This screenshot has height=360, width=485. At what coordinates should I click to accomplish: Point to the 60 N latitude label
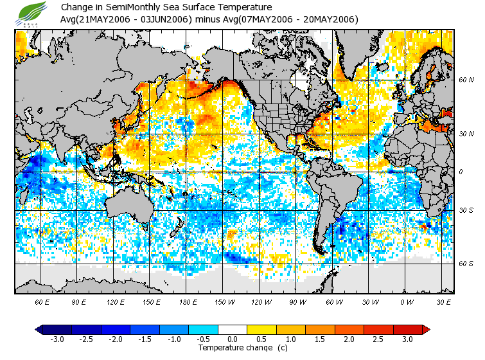[x=466, y=80]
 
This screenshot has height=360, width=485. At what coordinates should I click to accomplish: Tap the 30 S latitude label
[x=466, y=210]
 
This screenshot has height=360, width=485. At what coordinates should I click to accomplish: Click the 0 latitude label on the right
[x=462, y=172]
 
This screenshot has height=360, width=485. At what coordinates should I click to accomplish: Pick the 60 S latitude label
[x=466, y=263]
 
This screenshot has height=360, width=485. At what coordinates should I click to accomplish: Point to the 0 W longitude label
[x=406, y=301]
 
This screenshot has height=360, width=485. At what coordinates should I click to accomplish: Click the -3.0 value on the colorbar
[x=57, y=339]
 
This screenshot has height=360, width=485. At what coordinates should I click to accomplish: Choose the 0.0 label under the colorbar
[x=233, y=339]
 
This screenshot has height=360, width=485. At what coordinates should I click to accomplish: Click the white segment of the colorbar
[x=233, y=329]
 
